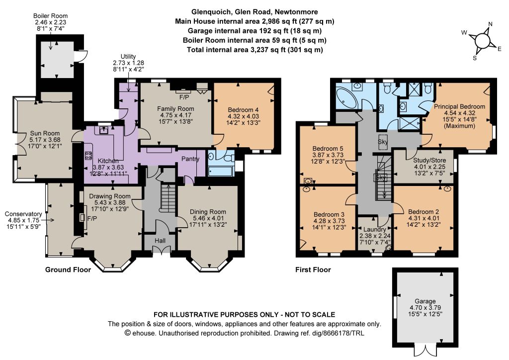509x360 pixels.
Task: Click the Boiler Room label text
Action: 51,16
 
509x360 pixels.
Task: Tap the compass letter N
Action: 490,24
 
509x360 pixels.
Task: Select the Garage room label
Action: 425,301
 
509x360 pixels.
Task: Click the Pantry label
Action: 190,159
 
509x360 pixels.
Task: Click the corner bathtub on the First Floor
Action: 346,98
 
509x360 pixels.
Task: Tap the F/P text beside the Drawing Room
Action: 92,219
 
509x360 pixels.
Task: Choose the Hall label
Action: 160,241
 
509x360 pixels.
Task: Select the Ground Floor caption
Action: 68,270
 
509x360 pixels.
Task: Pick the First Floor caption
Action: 313,270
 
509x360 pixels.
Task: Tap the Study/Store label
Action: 429,161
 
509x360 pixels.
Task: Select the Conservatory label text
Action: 23,214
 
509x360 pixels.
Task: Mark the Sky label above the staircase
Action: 383,142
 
